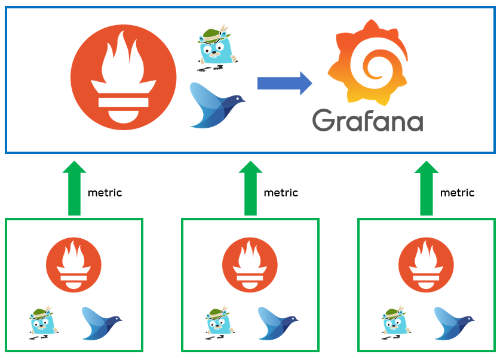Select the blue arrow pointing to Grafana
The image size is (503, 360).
[x=284, y=83]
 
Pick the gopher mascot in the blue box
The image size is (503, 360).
[x=216, y=48]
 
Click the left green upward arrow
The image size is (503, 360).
[x=74, y=188]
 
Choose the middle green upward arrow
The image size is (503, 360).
[x=250, y=188]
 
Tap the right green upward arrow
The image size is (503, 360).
[x=427, y=188]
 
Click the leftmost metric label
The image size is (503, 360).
[x=105, y=193]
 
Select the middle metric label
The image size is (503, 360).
[x=281, y=193]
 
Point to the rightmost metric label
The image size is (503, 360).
[x=457, y=193]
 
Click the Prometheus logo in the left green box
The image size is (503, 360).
[x=74, y=264]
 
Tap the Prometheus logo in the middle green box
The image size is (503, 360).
[x=250, y=264]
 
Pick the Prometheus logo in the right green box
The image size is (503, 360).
[x=427, y=264]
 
